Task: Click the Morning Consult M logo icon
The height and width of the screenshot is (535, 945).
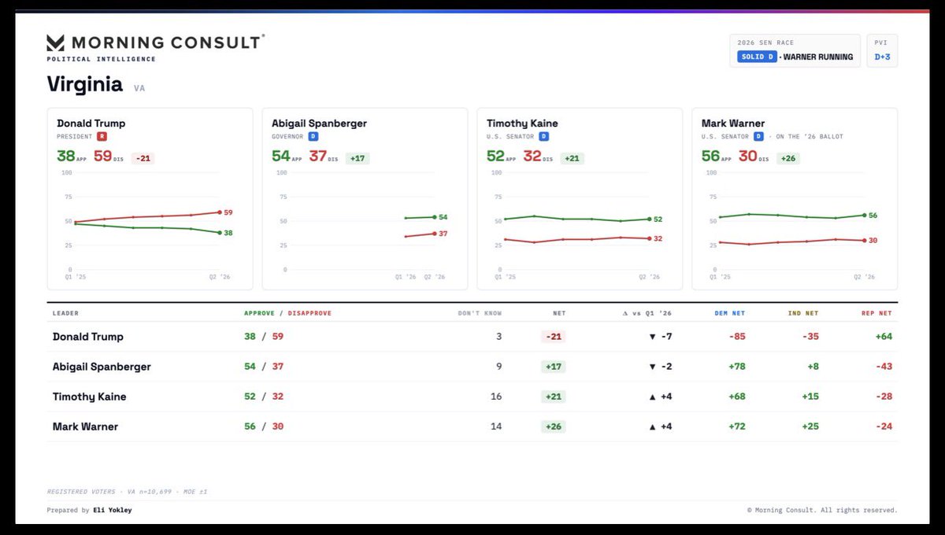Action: [55, 43]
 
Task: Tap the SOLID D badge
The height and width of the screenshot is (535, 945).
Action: [757, 57]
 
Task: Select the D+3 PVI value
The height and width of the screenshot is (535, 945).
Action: [882, 57]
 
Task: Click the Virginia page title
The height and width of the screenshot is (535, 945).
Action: [85, 84]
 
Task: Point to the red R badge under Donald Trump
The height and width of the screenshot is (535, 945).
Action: [102, 136]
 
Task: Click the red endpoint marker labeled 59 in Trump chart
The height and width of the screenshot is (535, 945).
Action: [220, 212]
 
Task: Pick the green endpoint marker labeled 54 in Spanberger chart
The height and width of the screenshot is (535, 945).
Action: [435, 217]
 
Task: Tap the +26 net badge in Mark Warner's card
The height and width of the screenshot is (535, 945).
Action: [788, 158]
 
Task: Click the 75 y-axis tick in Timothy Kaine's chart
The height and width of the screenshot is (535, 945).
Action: [498, 197]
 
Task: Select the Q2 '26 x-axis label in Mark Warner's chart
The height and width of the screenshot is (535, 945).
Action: [864, 277]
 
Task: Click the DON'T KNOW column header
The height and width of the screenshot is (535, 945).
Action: [480, 313]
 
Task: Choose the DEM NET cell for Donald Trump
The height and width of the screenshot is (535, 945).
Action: [737, 337]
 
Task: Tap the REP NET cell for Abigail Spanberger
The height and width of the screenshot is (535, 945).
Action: [884, 367]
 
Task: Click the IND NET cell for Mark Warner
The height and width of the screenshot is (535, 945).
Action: [810, 426]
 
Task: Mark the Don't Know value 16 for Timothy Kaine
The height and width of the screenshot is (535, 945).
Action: [496, 397]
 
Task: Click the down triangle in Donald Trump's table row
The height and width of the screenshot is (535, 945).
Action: [652, 337]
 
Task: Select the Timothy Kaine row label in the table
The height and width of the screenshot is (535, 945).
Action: [90, 397]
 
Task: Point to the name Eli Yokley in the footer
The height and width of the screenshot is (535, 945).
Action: [112, 510]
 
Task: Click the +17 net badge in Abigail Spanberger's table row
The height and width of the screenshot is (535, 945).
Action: [554, 367]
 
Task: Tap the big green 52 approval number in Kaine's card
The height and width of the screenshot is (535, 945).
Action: [495, 156]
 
